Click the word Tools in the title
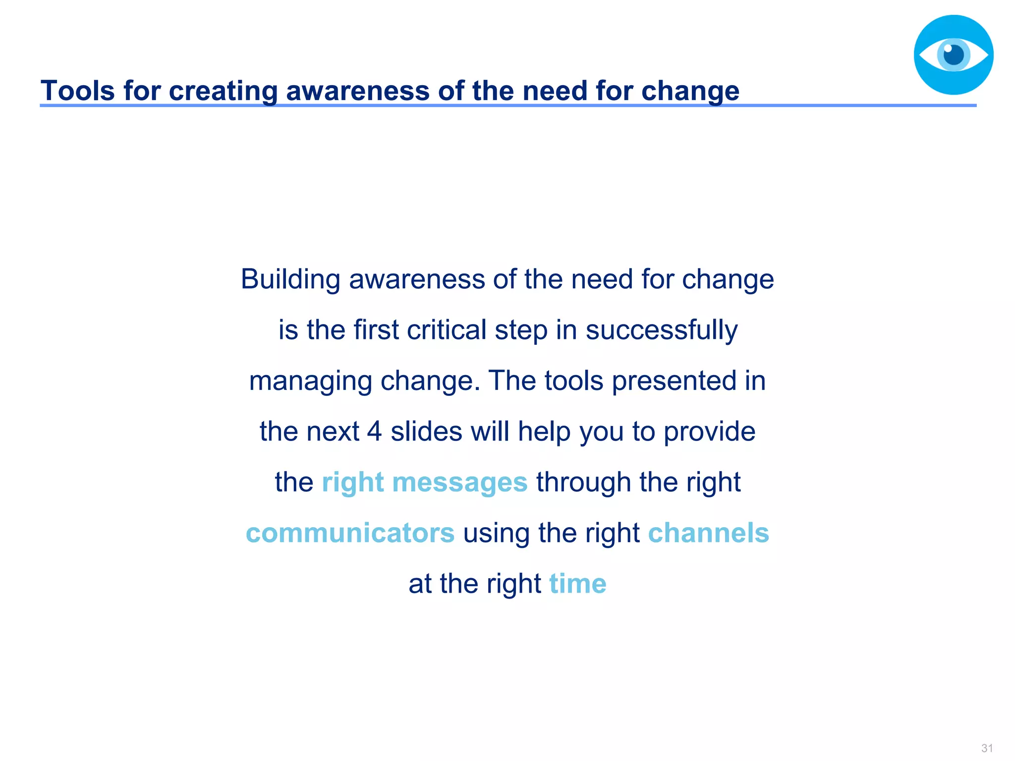coord(77,91)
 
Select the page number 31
coord(987,748)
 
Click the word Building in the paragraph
coord(290,279)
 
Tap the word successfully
coord(662,330)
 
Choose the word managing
coord(310,381)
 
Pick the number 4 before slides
coord(374,432)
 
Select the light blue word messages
coord(459,483)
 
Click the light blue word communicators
coord(350,533)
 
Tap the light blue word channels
coord(708,533)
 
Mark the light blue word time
coord(577,584)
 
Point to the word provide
coord(709,432)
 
